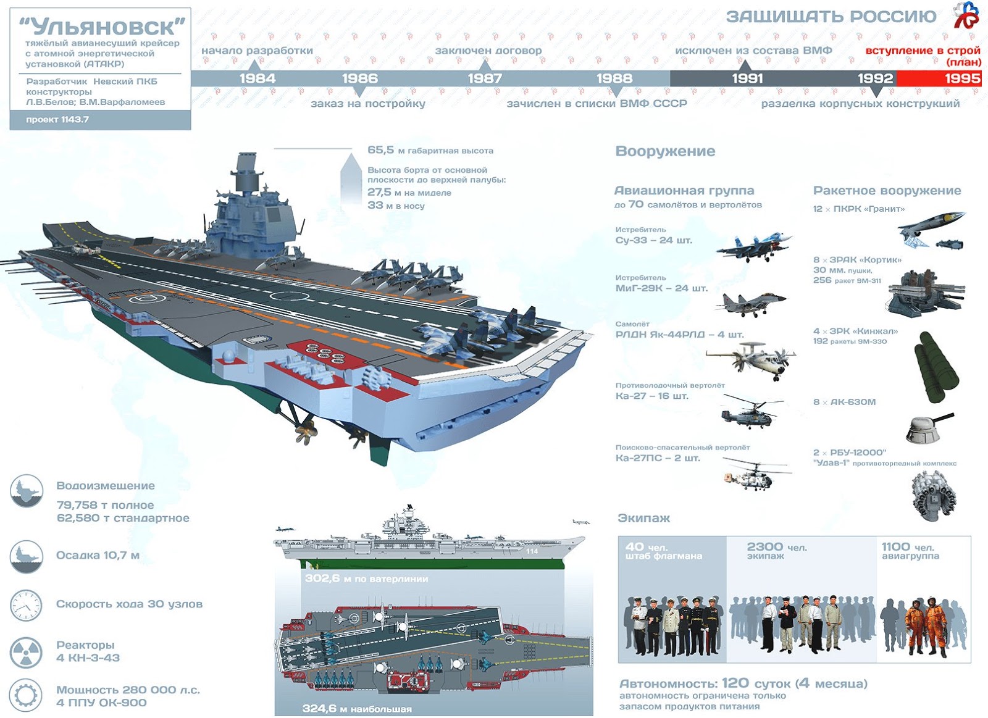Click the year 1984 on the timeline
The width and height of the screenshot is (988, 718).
tap(257, 78)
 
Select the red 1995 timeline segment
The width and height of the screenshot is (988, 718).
tap(939, 78)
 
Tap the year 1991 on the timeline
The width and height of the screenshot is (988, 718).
tap(747, 78)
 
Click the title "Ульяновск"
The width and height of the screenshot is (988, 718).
tap(103, 27)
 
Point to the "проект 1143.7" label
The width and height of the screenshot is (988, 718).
tap(57, 120)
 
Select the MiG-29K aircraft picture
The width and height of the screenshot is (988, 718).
tap(751, 303)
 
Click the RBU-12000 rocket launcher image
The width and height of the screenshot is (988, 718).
tap(934, 494)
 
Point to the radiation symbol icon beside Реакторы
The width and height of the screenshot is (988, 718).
tap(26, 651)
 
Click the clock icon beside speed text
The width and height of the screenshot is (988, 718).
tap(26, 605)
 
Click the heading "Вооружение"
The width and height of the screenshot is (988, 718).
tap(665, 151)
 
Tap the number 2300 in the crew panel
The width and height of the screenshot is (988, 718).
tap(764, 547)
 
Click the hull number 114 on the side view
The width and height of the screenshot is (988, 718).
tap(532, 551)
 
